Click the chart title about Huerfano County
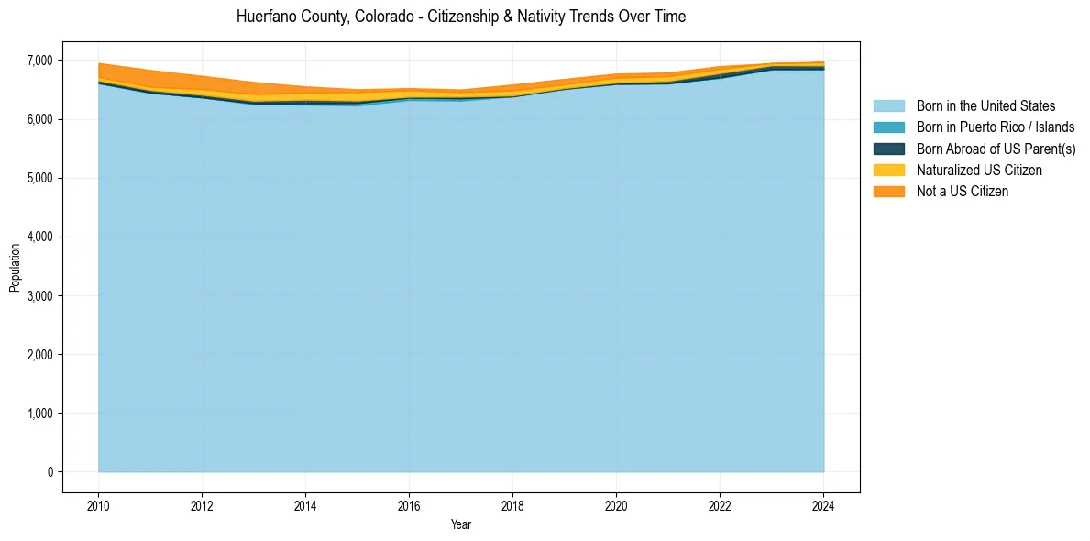pyautogui.click(x=460, y=17)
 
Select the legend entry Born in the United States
pyautogui.click(x=985, y=106)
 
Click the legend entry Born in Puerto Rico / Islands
pyautogui.click(x=995, y=127)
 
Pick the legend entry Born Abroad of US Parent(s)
pyautogui.click(x=996, y=149)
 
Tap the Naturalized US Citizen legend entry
pyautogui.click(x=979, y=171)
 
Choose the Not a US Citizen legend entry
pyautogui.click(x=963, y=192)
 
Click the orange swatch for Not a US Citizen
pyautogui.click(x=888, y=192)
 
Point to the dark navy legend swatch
pyautogui.click(x=888, y=149)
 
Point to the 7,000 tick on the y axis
pyautogui.click(x=41, y=61)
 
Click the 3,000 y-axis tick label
pyautogui.click(x=41, y=296)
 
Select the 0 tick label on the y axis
pyautogui.click(x=50, y=472)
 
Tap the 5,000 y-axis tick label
pyautogui.click(x=41, y=178)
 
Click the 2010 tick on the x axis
pyautogui.click(x=98, y=504)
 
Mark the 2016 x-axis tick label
pyautogui.click(x=409, y=504)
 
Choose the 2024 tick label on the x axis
pyautogui.click(x=823, y=504)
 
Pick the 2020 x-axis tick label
pyautogui.click(x=616, y=504)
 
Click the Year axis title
pyautogui.click(x=461, y=524)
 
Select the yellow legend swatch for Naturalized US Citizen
pyautogui.click(x=888, y=171)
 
